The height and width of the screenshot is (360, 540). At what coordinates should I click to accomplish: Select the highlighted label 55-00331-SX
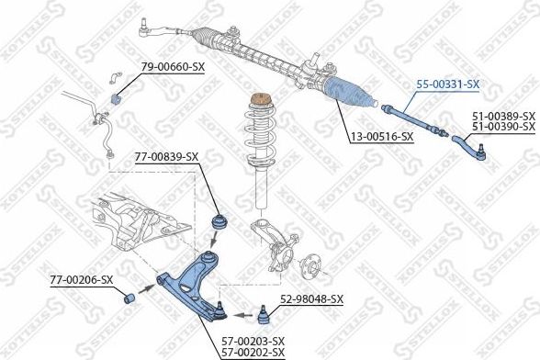pyautogui.click(x=448, y=84)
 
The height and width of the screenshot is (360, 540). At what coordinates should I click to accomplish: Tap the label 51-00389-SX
pyautogui.click(x=503, y=116)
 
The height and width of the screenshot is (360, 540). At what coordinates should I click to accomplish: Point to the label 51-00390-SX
pyautogui.click(x=503, y=127)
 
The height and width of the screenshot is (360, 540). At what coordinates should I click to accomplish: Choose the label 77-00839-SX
pyautogui.click(x=166, y=156)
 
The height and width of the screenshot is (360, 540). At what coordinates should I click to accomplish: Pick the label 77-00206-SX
pyautogui.click(x=82, y=279)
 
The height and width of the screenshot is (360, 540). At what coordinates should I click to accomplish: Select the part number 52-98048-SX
pyautogui.click(x=311, y=299)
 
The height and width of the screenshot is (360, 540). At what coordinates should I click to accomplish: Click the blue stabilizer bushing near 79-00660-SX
pyautogui.click(x=118, y=97)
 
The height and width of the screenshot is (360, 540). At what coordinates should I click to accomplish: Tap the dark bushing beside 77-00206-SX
pyautogui.click(x=129, y=298)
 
